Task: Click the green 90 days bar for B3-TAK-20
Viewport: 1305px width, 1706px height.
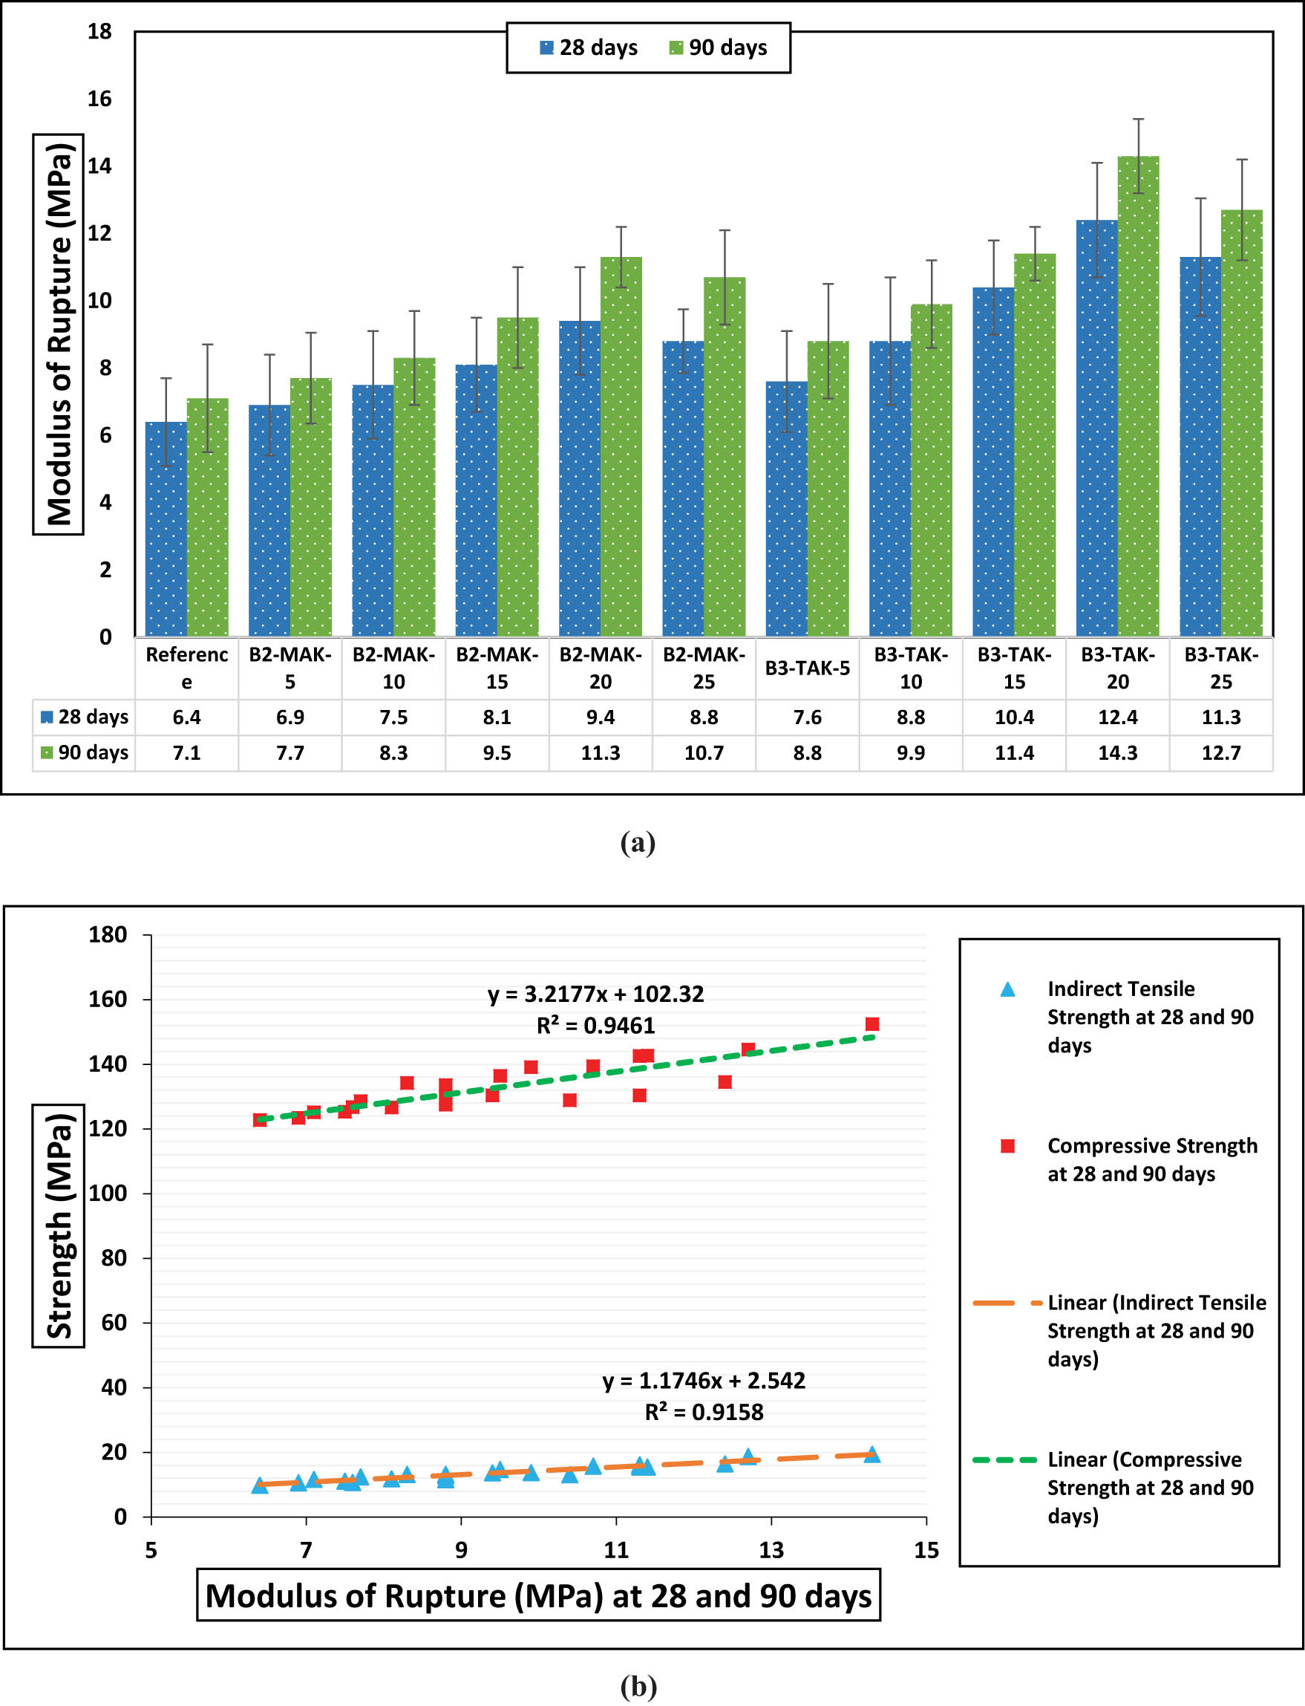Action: (1138, 397)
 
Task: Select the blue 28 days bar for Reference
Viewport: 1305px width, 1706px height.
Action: (166, 529)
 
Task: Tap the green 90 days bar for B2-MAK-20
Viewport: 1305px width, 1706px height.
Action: (621, 447)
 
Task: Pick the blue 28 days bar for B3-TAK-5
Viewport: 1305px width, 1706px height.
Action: (786, 509)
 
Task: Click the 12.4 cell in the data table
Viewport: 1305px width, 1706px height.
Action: (1117, 717)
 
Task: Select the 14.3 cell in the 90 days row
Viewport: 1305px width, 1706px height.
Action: (1117, 752)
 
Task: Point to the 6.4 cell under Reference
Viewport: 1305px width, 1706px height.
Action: (186, 717)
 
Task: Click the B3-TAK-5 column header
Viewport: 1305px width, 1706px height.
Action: (807, 668)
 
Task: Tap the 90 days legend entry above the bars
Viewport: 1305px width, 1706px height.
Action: (718, 48)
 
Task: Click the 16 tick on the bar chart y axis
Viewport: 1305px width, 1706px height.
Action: (99, 99)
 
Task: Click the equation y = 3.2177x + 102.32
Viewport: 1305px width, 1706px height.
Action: (596, 994)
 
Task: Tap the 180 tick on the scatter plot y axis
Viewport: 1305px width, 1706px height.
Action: (107, 934)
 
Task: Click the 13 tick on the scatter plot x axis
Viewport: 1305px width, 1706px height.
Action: (771, 1550)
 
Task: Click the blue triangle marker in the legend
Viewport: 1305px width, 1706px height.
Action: (1007, 989)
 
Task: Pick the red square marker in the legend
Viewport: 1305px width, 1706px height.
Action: (1007, 1145)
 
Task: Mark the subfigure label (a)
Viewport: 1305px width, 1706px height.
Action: (638, 841)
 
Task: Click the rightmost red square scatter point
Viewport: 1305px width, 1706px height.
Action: (871, 1024)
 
